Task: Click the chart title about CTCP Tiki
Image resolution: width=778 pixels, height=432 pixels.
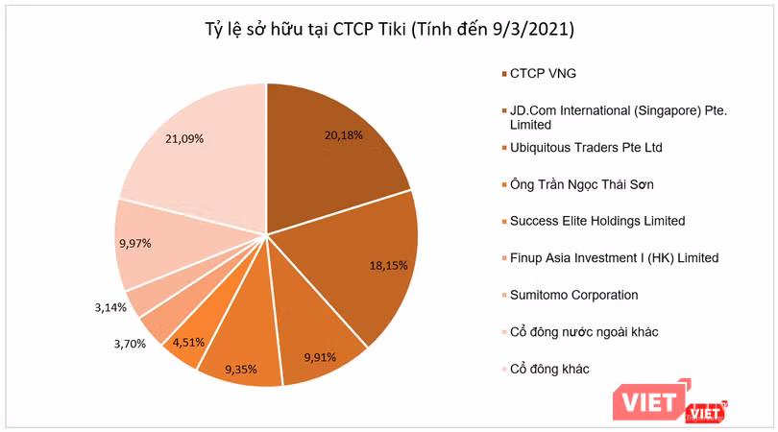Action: tap(388, 30)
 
